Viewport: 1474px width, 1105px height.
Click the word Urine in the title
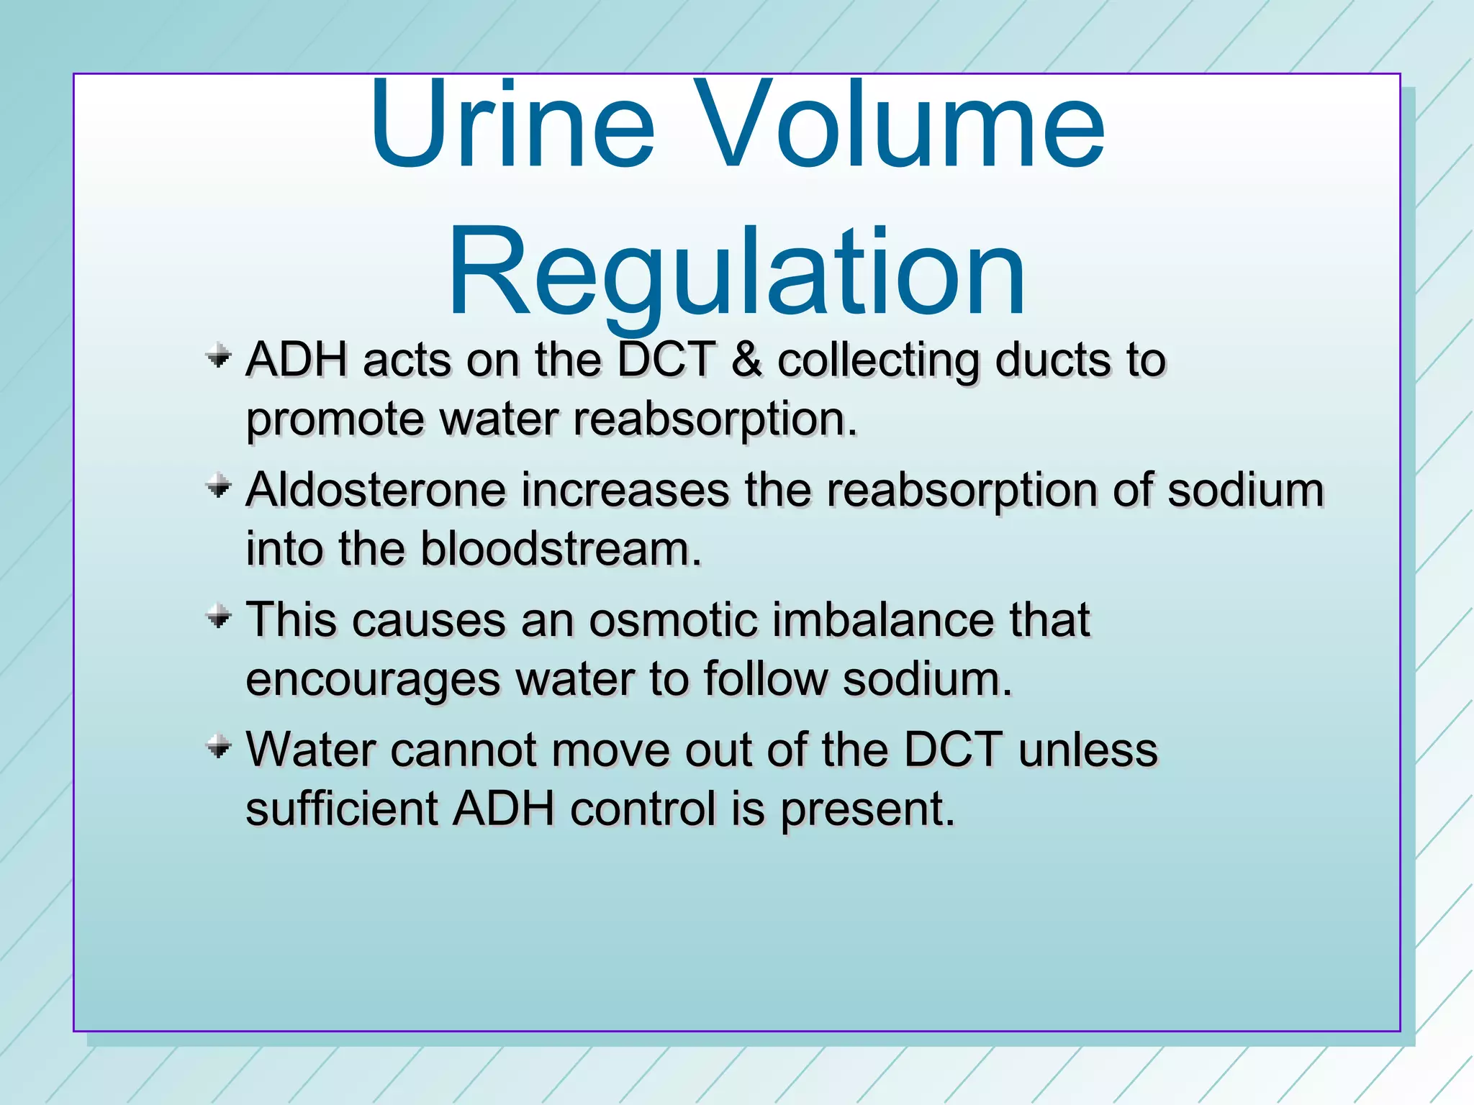512,126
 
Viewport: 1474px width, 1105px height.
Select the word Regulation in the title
736,273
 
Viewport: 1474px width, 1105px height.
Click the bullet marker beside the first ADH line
218,357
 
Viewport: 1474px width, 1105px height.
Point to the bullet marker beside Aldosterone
218,487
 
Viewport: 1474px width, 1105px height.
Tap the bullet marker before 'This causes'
218,617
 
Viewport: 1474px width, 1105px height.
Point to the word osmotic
673,619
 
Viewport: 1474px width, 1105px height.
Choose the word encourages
373,680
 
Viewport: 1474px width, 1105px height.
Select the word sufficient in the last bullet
342,809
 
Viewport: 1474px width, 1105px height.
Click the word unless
1088,750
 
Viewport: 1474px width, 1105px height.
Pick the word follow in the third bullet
766,678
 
